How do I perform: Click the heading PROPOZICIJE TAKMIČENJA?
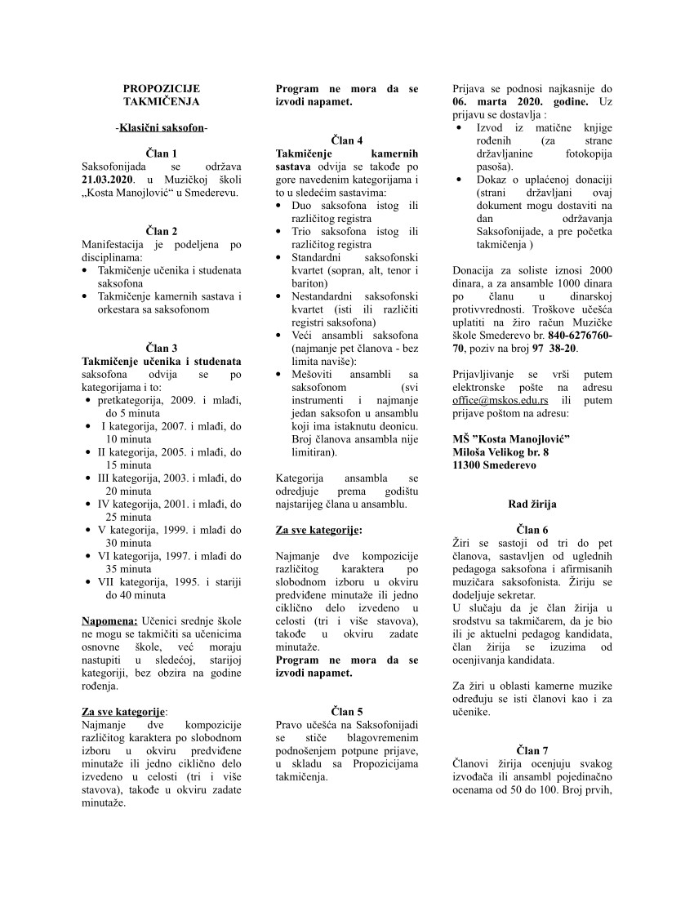pyautogui.click(x=161, y=95)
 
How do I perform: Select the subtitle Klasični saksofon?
pyautogui.click(x=161, y=127)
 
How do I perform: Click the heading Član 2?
pyautogui.click(x=161, y=231)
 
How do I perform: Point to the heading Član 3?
pyautogui.click(x=161, y=348)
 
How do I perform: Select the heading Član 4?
pyautogui.click(x=347, y=140)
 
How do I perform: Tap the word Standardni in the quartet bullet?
pyautogui.click(x=315, y=257)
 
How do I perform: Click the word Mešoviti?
pyautogui.click(x=314, y=373)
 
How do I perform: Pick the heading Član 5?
pyautogui.click(x=347, y=711)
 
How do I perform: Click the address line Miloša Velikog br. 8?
pyautogui.click(x=500, y=451)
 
